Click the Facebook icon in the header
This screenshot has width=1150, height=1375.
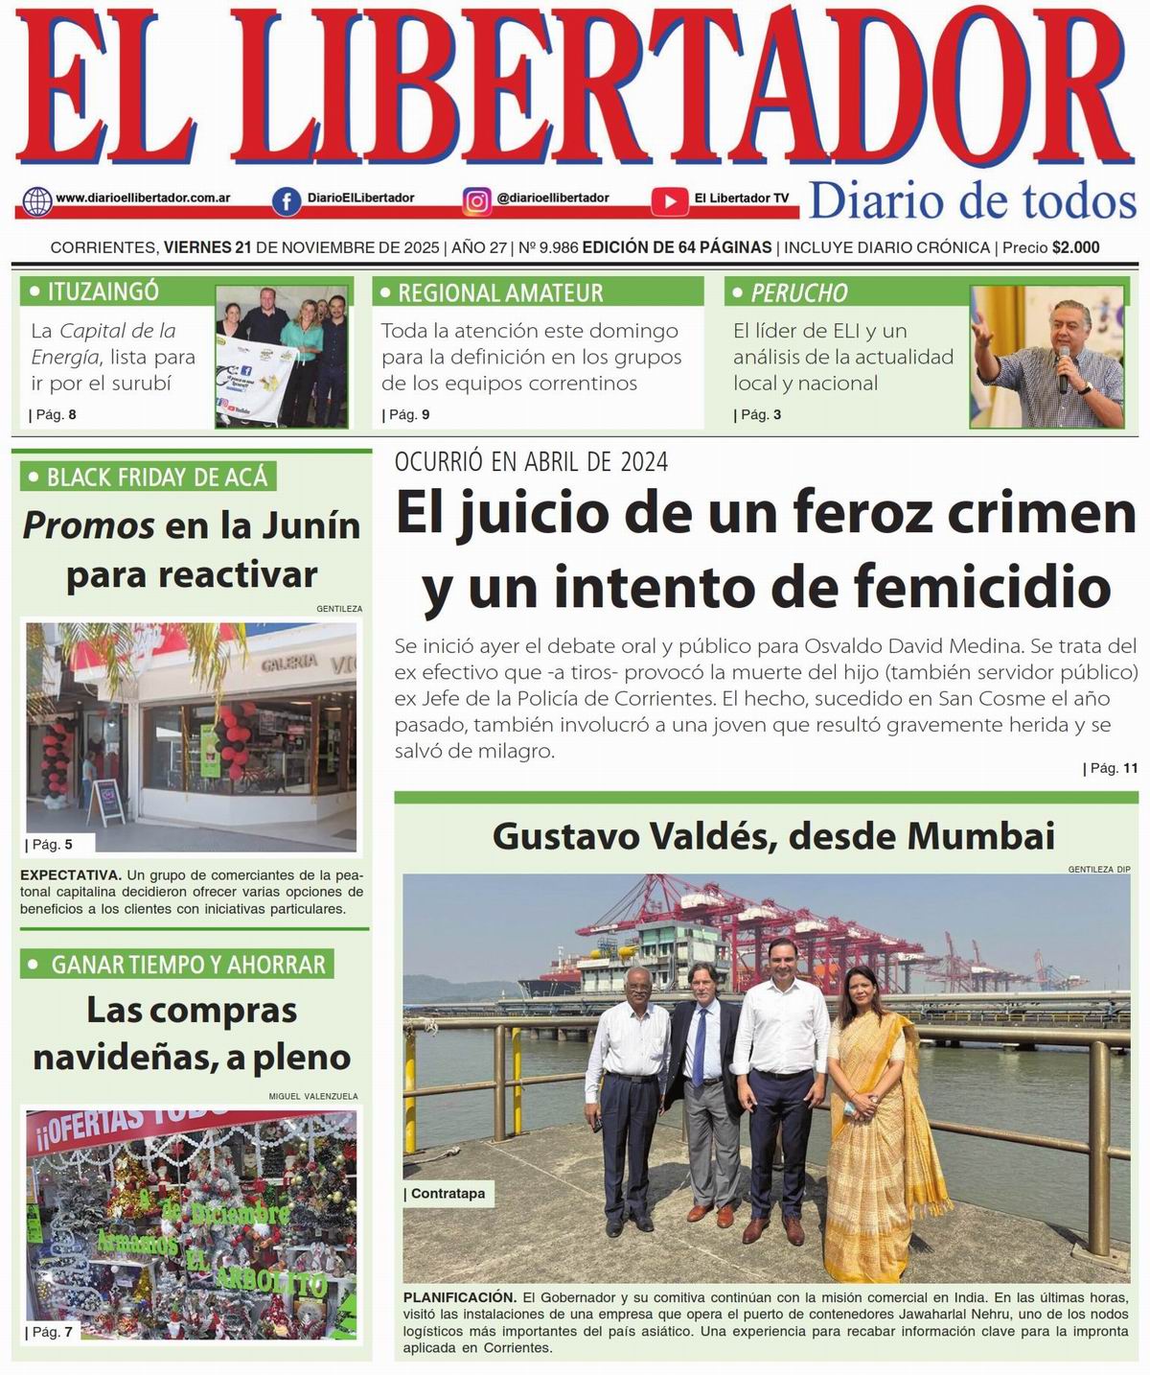(286, 200)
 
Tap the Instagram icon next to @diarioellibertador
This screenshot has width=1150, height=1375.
(477, 200)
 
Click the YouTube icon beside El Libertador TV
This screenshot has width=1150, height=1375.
(669, 200)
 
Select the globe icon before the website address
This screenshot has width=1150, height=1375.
(37, 200)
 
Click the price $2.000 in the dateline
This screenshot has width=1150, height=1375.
(1075, 247)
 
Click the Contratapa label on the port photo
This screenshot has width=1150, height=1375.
(448, 1194)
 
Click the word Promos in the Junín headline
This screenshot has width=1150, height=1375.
(88, 525)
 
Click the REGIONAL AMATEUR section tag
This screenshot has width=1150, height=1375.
(499, 292)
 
